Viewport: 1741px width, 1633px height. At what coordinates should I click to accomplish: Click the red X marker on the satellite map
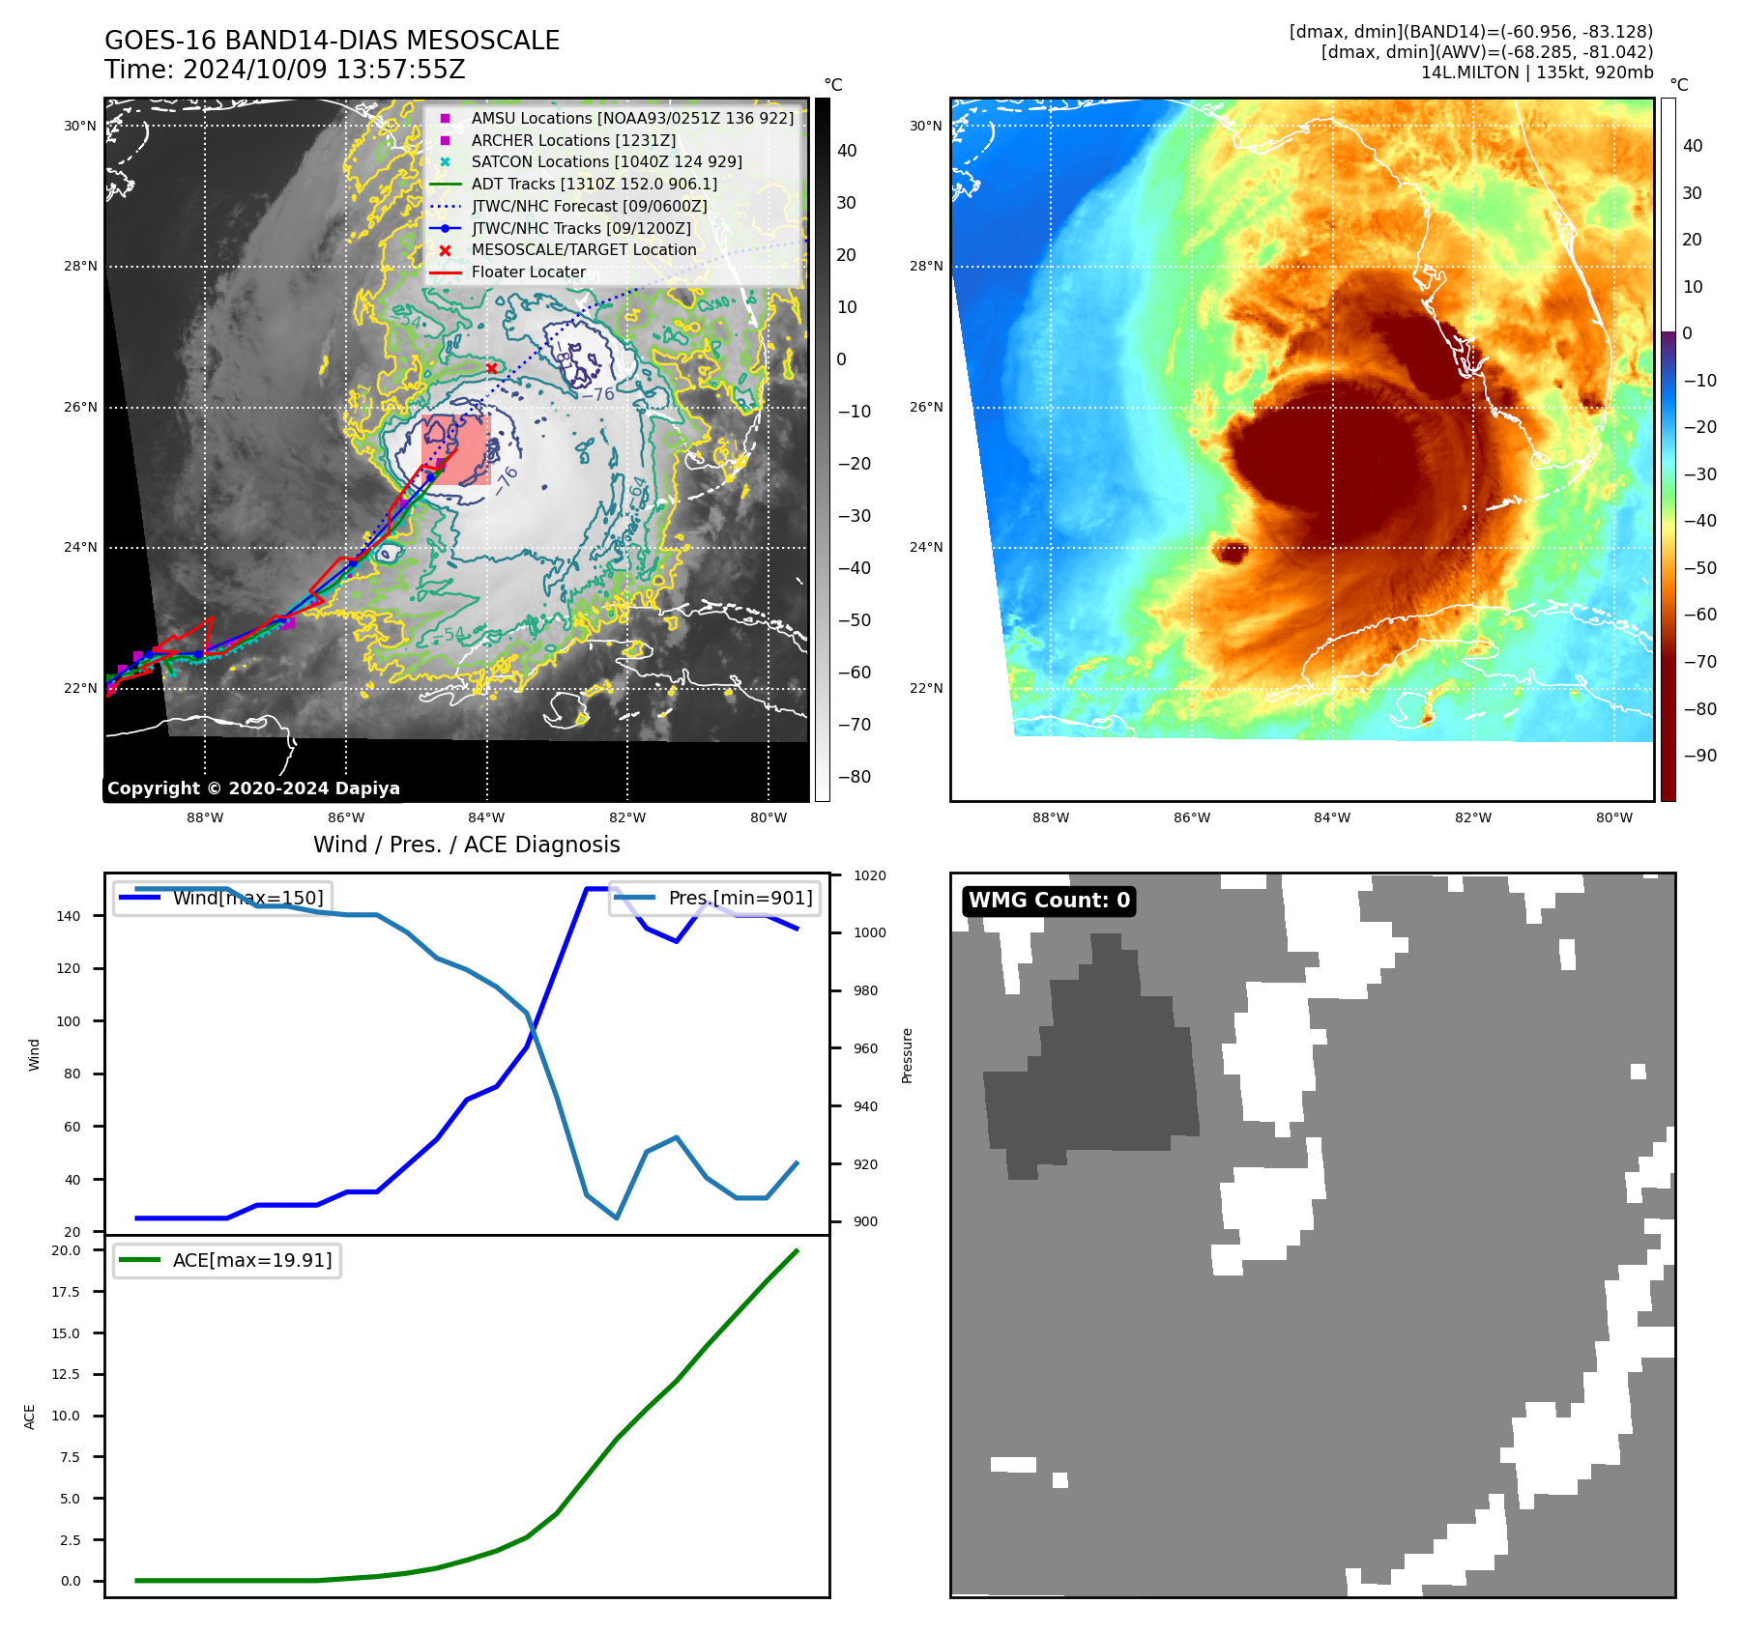click(x=491, y=368)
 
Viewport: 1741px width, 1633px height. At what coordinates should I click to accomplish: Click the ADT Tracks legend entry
click(x=594, y=184)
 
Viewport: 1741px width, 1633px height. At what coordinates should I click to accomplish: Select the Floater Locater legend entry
click(x=528, y=272)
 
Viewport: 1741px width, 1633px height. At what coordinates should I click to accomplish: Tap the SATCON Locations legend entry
click(x=606, y=161)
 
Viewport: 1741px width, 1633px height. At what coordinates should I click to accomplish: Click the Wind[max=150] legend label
click(x=247, y=898)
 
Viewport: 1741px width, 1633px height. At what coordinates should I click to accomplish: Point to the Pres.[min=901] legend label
click(x=740, y=898)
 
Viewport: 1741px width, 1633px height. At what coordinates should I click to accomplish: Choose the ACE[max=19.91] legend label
click(x=251, y=1260)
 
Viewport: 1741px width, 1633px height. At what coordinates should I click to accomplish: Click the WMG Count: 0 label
click(x=1049, y=901)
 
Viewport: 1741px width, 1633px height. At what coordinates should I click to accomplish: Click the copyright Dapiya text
click(x=253, y=788)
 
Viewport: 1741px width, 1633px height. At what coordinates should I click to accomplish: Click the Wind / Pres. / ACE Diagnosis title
click(x=466, y=845)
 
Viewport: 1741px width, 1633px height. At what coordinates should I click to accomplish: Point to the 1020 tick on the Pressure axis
click(x=869, y=875)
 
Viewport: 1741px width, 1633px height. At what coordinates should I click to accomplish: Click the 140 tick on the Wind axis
click(x=69, y=916)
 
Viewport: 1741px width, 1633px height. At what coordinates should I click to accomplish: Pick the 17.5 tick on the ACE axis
click(x=66, y=1292)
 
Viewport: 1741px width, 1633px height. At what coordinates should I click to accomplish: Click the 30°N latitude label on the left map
click(x=80, y=126)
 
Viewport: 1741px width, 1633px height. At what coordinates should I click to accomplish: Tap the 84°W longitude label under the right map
click(x=1331, y=817)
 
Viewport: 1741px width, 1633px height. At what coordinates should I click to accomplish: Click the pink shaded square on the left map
click(x=456, y=449)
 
